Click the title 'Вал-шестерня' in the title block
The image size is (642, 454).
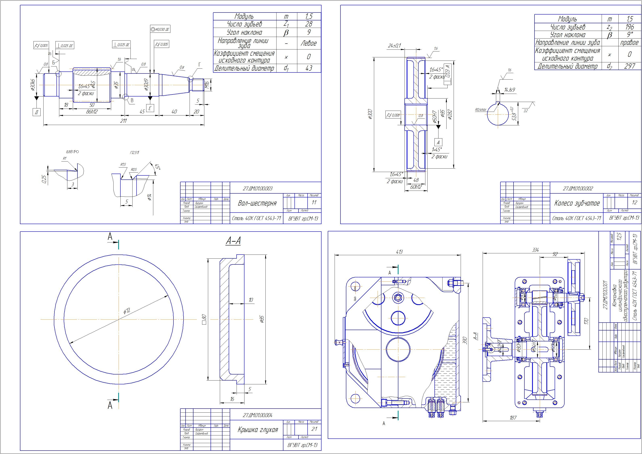[257, 203]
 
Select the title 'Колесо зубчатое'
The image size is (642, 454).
[577, 203]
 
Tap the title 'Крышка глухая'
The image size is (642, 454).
[258, 429]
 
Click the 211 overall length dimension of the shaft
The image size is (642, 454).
[123, 121]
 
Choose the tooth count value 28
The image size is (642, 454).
[309, 24]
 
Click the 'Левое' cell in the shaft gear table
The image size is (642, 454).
[309, 43]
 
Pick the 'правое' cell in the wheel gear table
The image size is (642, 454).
[629, 43]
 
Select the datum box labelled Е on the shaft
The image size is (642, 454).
[150, 108]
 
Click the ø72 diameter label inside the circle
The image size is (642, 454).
[127, 311]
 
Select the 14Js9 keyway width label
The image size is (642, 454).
[509, 90]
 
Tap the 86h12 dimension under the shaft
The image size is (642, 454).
[92, 112]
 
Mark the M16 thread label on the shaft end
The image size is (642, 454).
[207, 85]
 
